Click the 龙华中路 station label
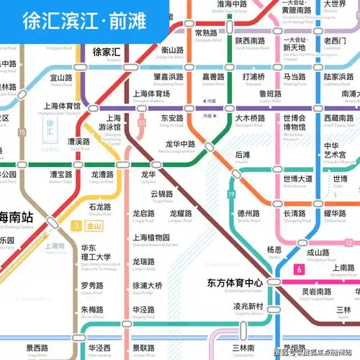click(181, 143)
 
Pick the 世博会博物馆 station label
click(294, 122)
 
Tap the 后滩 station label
click(243, 155)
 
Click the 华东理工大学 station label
click(95, 253)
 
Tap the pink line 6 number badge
click(298, 269)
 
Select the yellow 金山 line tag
click(94, 225)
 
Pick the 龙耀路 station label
click(181, 213)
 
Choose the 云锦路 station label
click(161, 194)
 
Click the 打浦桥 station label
click(254, 76)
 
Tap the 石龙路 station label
click(99, 207)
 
